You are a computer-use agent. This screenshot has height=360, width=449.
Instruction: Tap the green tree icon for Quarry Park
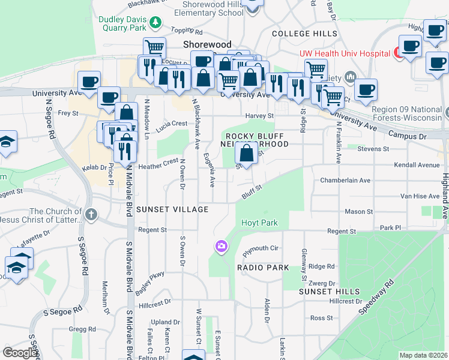tap(155, 22)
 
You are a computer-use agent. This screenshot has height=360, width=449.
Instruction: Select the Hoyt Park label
tap(259, 223)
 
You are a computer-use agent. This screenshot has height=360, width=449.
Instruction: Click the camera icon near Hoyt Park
tap(221, 246)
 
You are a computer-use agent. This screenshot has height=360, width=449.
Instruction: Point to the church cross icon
tap(91, 214)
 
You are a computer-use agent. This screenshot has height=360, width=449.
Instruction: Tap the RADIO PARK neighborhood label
tap(263, 268)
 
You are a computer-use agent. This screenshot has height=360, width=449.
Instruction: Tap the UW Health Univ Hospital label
tap(344, 53)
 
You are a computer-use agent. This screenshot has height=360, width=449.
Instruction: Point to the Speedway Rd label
tap(376, 298)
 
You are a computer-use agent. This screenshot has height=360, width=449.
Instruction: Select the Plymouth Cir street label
tap(261, 248)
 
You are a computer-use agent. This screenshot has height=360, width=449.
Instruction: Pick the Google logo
tap(20, 352)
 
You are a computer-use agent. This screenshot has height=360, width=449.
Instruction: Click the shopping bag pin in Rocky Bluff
tap(246, 154)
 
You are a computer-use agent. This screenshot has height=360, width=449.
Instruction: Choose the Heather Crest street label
tap(158, 161)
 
